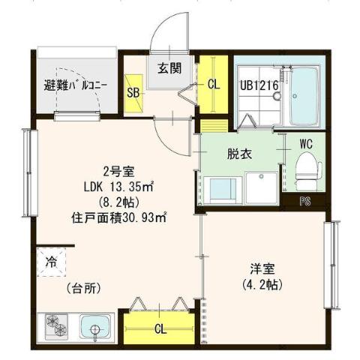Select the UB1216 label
tap(259, 85)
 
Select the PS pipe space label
tap(305, 200)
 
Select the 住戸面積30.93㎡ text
tap(118, 218)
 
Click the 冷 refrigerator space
tap(52, 262)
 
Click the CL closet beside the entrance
tap(214, 85)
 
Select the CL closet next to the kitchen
tap(160, 327)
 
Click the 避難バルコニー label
tap(75, 85)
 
